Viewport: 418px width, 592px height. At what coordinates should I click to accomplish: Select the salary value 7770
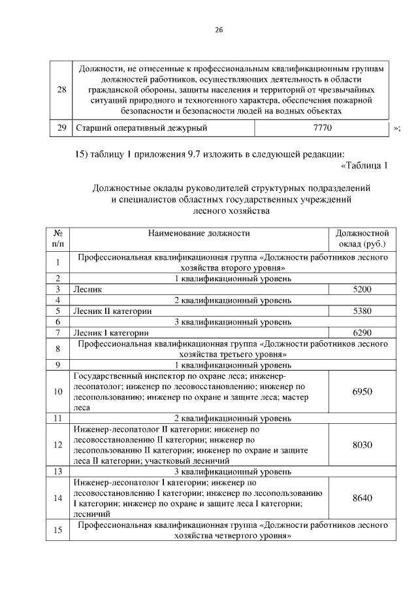pos(323,128)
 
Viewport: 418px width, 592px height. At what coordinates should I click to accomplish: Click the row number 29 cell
pos(61,128)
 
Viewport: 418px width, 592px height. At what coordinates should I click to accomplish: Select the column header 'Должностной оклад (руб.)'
pos(362,239)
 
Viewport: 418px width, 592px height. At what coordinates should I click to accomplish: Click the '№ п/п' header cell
pos(57,239)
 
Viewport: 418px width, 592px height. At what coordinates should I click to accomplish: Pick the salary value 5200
pos(362,288)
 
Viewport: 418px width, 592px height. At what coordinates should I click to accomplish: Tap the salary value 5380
pos(362,311)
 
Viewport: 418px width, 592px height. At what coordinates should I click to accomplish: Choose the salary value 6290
pos(362,333)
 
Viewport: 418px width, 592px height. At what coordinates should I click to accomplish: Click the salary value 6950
pos(362,392)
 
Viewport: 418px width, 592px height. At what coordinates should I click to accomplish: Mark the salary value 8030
pos(362,445)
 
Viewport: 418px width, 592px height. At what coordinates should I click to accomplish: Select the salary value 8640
pos(362,498)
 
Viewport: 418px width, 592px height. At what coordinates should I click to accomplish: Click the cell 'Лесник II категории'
pos(113,311)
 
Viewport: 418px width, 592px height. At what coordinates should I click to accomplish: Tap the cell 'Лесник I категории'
pos(112,333)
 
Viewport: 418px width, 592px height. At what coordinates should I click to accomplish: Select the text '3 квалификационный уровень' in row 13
pos(233,471)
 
